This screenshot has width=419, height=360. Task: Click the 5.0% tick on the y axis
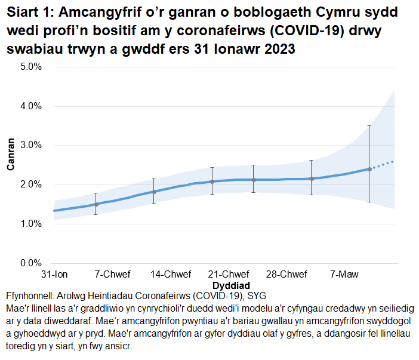pyautogui.click(x=30, y=67)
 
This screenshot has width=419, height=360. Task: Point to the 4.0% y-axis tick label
pyautogui.click(x=30, y=106)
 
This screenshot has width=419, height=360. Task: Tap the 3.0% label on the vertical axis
pyautogui.click(x=30, y=145)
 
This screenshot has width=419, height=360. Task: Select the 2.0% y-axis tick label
pyautogui.click(x=30, y=184)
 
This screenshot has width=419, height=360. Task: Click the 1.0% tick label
pyautogui.click(x=30, y=224)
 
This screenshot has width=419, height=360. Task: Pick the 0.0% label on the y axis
pyautogui.click(x=30, y=263)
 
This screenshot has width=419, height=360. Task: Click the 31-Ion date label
pyautogui.click(x=54, y=275)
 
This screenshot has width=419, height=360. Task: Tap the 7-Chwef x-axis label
pyautogui.click(x=112, y=275)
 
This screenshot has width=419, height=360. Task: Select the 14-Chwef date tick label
pyautogui.click(x=171, y=275)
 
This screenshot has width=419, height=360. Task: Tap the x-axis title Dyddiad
pyautogui.click(x=230, y=285)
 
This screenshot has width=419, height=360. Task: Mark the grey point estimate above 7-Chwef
pyautogui.click(x=96, y=204)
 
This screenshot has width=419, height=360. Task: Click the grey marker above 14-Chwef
pyautogui.click(x=154, y=192)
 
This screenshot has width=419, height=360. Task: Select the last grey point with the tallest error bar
pyautogui.click(x=369, y=169)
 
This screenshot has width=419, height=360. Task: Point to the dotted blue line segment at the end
pyautogui.click(x=383, y=164)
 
